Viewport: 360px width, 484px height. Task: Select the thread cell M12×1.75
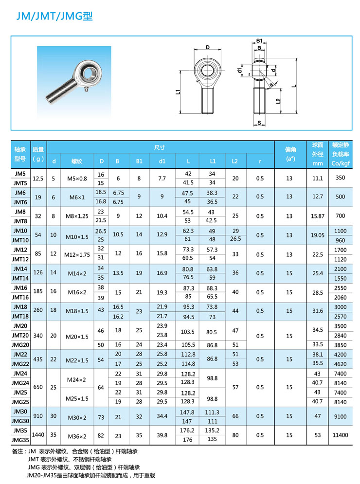(77, 253)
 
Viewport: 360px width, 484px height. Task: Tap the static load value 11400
(340, 435)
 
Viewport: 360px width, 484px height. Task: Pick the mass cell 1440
(38, 435)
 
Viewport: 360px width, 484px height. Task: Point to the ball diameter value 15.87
(318, 215)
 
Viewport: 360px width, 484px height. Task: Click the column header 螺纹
(77, 161)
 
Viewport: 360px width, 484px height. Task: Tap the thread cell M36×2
(77, 435)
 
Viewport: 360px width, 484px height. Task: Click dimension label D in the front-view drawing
(207, 48)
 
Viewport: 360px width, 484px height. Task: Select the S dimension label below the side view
(260, 122)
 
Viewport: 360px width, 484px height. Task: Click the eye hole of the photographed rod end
(89, 74)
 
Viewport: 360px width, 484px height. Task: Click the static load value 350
(340, 178)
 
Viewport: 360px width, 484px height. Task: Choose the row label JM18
(20, 307)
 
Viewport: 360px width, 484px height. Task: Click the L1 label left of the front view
(179, 91)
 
